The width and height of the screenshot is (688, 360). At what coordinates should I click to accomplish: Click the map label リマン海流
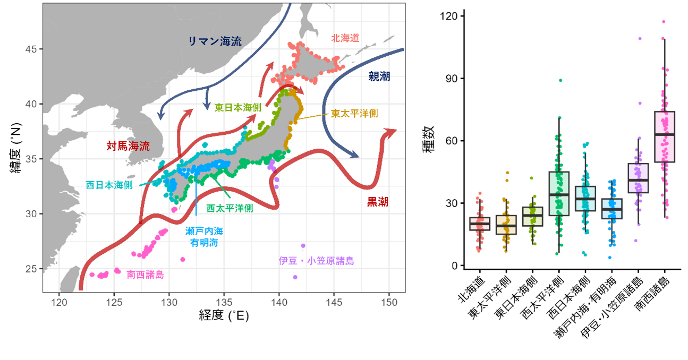(x=215, y=41)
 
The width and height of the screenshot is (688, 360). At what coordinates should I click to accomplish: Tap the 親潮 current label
(x=379, y=77)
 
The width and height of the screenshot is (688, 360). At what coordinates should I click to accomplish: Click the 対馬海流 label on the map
(x=128, y=145)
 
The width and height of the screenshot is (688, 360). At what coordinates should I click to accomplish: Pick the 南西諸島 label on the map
(x=145, y=275)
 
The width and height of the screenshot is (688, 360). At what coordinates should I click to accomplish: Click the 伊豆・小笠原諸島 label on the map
(x=316, y=261)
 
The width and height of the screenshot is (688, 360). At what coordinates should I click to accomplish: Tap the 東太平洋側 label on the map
(x=354, y=113)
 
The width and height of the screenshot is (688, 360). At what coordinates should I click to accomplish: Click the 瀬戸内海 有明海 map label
(x=205, y=237)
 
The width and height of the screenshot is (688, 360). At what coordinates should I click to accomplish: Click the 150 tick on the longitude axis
(x=389, y=303)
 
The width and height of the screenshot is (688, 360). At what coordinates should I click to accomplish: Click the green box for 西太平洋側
(x=558, y=194)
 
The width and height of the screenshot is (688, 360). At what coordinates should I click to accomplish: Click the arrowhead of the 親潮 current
(x=354, y=155)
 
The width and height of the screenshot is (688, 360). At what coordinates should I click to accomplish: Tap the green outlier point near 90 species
(x=560, y=80)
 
